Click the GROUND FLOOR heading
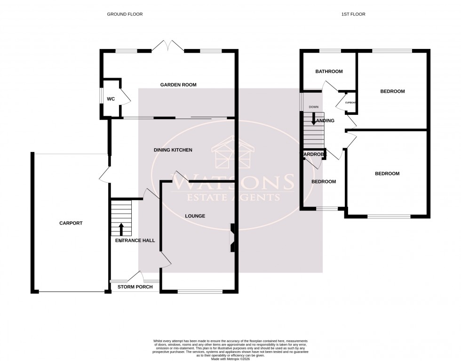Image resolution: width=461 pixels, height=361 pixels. pyautogui.click(x=125, y=14)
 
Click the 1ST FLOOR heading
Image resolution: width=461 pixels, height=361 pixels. pyautogui.click(x=354, y=14)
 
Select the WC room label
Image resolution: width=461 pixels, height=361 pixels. pyautogui.click(x=111, y=99)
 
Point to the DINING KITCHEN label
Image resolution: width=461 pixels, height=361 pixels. pyautogui.click(x=173, y=150)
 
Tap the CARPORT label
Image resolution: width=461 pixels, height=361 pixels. pyautogui.click(x=71, y=223)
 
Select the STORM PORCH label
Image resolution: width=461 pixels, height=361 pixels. pyautogui.click(x=135, y=287)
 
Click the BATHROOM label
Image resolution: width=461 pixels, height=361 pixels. pyautogui.click(x=329, y=72)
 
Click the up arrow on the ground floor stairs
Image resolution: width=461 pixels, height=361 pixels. pyautogui.click(x=121, y=229)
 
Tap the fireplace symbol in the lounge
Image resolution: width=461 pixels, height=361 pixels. pyautogui.click(x=232, y=238)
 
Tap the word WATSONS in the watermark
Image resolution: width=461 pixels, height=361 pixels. pyautogui.click(x=234, y=181)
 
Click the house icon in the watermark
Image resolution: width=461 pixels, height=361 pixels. pyautogui.click(x=234, y=154)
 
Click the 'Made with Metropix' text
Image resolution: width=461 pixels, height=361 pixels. pyautogui.click(x=230, y=355)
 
